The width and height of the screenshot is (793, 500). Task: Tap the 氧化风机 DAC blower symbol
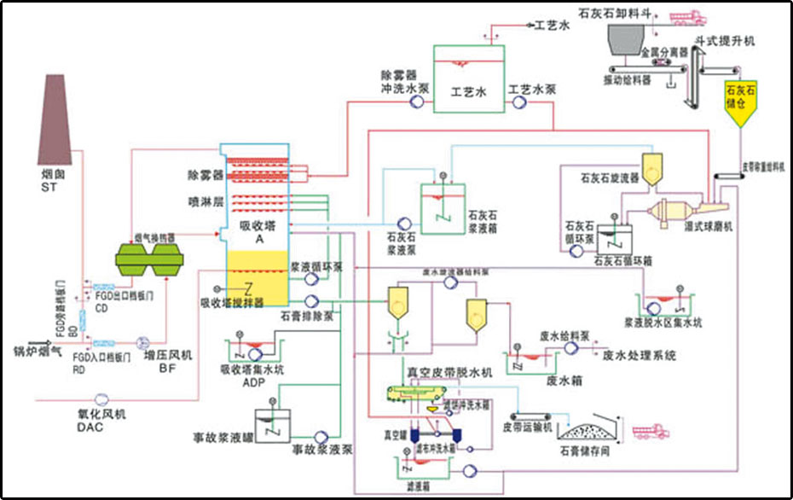click(101, 399)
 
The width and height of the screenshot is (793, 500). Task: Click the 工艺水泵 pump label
click(532, 89)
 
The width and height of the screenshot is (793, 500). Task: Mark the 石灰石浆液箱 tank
click(443, 206)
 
